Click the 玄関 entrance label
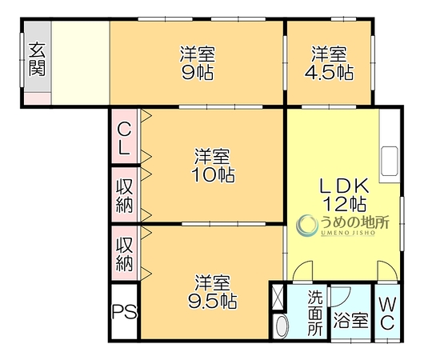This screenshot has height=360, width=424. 37,59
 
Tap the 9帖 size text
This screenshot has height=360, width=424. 198,73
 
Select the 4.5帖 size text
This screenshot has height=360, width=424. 329,72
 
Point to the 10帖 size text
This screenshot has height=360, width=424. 213,174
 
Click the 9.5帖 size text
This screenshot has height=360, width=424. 213,301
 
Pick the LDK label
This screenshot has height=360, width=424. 344,186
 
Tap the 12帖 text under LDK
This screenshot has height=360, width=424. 345,204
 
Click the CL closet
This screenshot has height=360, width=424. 125,136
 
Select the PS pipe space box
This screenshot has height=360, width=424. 125,311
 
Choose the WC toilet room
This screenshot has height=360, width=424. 387,312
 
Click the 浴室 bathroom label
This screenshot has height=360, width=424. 350,321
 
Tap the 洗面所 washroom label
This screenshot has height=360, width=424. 315,313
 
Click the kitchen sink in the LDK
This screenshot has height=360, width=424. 389,162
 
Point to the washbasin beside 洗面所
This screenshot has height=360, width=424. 281,326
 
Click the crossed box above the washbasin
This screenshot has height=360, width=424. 278,297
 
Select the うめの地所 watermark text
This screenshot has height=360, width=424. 354,222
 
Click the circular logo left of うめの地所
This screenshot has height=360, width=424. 307,226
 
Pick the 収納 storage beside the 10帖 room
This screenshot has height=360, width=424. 125,194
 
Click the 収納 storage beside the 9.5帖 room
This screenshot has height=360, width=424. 125,253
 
